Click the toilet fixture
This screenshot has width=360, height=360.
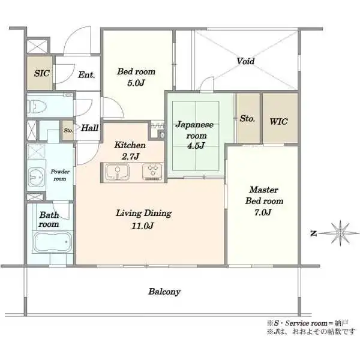[37, 107]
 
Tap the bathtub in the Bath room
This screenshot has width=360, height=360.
[53, 242]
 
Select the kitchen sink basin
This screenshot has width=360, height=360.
[118, 172]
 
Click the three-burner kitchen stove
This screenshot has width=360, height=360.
[152, 172]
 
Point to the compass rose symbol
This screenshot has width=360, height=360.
[340, 233]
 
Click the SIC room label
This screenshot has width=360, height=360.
[42, 73]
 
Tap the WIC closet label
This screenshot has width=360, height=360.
[278, 121]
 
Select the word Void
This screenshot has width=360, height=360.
[245, 61]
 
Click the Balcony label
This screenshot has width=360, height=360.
[164, 292]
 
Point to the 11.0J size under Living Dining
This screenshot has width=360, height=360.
[143, 226]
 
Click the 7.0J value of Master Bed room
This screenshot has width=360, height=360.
[263, 212]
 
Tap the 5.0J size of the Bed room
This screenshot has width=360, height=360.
[136, 83]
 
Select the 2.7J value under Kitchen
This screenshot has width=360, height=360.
[130, 157]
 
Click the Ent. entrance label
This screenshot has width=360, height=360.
[86, 74]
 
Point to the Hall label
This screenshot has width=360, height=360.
[90, 128]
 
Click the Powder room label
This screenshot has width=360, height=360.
[60, 175]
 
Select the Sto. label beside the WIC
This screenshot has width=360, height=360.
[247, 118]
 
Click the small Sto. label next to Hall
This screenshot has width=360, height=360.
[68, 130]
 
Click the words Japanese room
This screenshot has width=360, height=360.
[194, 130]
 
